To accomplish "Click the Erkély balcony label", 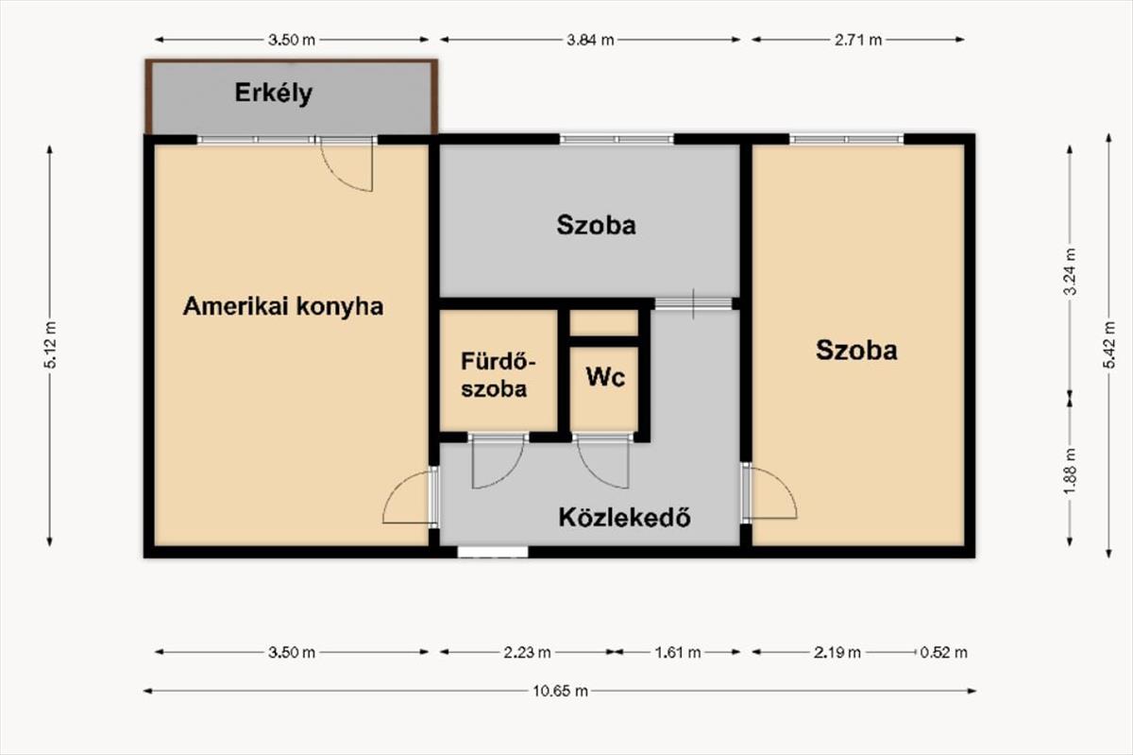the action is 273,94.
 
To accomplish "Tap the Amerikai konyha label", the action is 283,306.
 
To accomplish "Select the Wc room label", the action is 605,377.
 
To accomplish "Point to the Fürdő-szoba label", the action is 499,375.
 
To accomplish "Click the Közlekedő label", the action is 625,517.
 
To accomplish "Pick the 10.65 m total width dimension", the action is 561,691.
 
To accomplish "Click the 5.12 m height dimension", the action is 51,345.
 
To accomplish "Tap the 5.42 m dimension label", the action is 1109,345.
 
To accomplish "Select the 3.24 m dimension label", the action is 1070,271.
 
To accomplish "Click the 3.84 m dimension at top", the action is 590,40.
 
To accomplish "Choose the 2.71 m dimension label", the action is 858,40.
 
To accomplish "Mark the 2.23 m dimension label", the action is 527,652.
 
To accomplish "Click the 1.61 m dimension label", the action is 678,652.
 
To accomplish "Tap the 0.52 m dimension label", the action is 944,652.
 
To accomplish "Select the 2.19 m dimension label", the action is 837,652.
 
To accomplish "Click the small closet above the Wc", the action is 604,322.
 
